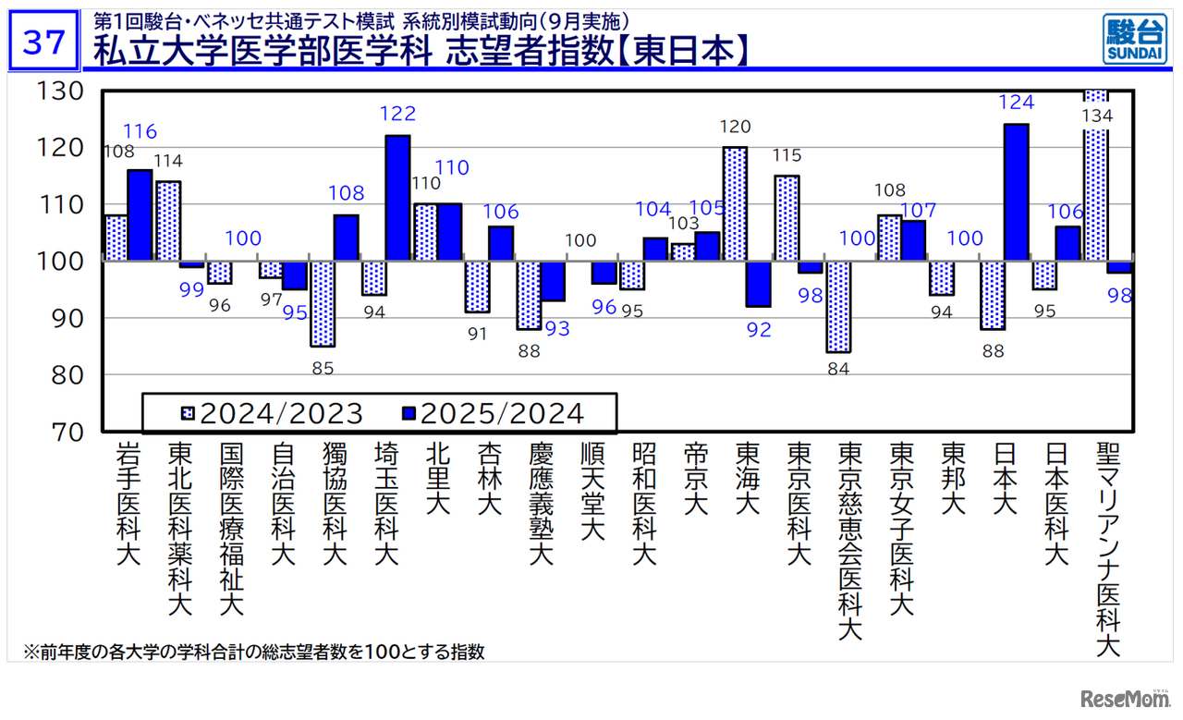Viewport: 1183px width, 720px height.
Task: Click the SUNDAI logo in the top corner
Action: coord(1133,40)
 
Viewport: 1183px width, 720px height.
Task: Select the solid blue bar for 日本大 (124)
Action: coord(1016,192)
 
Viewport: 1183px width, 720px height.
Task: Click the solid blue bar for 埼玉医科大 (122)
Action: coord(397,198)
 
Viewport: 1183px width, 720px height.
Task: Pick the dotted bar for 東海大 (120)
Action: coord(735,204)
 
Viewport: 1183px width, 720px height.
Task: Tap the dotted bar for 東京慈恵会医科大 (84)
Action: coord(838,307)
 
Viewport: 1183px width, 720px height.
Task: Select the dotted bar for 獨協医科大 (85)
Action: coord(323,303)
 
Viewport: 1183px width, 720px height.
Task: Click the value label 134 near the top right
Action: coord(1098,116)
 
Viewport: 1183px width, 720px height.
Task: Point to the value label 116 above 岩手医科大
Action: coord(140,131)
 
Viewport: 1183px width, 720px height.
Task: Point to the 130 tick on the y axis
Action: coord(60,91)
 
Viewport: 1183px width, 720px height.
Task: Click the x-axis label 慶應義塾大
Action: coord(541,504)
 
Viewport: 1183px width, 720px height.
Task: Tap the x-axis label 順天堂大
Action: coord(592,491)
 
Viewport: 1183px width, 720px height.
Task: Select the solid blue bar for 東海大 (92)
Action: coord(759,284)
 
